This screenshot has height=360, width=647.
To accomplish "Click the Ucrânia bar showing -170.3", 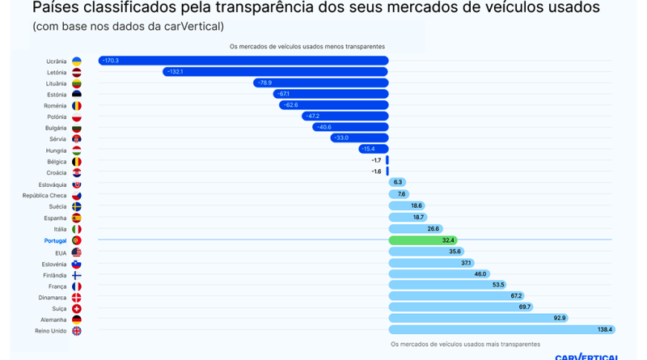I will point(243,61).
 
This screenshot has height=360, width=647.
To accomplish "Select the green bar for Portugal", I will point(423,240).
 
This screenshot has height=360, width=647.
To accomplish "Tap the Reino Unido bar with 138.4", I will point(501,330).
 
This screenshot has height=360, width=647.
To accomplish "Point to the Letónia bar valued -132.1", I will point(275,72).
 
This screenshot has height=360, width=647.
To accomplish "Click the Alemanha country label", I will point(53,320).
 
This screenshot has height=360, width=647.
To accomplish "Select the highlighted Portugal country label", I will point(55,241).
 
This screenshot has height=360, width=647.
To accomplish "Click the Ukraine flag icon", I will point(77,61).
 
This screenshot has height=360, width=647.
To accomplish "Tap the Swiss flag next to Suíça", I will point(77,308).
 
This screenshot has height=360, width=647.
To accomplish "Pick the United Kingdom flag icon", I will point(77,331).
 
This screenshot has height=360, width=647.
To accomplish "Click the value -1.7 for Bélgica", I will point(376,160).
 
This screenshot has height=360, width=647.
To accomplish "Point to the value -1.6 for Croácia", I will point(376,172).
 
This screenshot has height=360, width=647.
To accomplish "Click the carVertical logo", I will point(586,356).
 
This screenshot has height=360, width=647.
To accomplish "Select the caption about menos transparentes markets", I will point(307,47).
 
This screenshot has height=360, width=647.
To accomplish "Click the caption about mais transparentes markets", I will point(465,344).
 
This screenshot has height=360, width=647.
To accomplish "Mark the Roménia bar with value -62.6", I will point(333,105).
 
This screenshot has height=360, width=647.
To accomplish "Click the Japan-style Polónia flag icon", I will point(77,117).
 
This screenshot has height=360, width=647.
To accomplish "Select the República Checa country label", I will point(44,196).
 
